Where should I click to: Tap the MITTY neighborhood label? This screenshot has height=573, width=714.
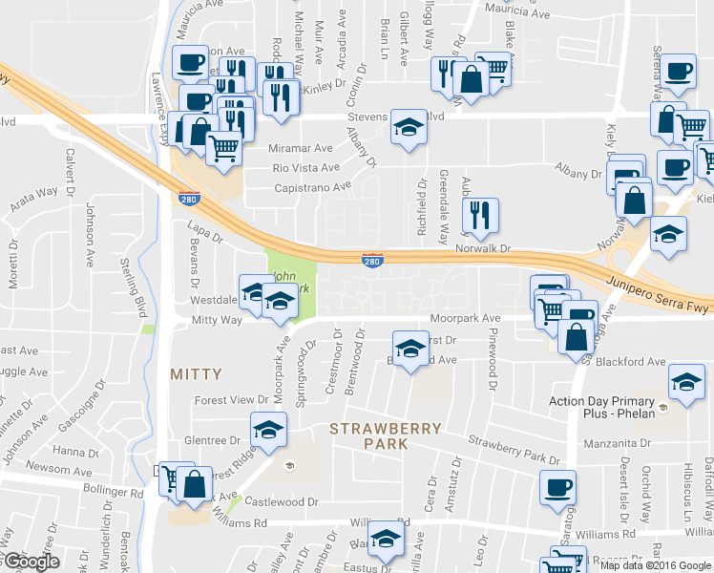tap(196, 374)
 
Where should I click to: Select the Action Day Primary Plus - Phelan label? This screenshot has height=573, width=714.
tap(601, 408)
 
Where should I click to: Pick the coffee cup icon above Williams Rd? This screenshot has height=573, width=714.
tap(558, 486)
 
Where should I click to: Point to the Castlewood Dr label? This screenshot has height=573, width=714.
tap(280, 501)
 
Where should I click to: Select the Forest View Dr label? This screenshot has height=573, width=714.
tap(232, 400)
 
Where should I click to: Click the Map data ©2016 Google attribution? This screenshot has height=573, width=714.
tap(654, 564)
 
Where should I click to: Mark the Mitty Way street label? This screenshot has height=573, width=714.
tap(217, 321)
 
